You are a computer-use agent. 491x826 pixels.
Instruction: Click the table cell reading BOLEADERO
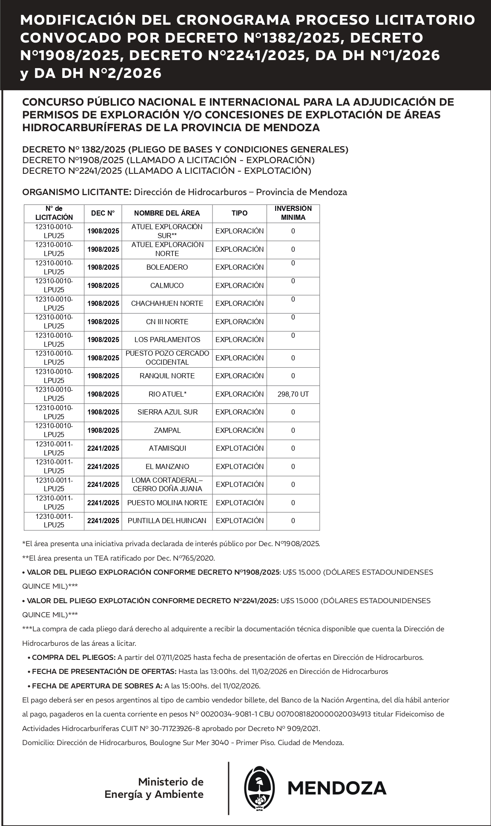point(167,268)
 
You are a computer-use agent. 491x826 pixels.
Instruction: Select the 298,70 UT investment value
point(293,394)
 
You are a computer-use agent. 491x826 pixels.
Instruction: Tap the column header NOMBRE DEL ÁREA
point(167,213)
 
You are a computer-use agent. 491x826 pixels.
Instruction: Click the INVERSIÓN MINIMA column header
point(293,213)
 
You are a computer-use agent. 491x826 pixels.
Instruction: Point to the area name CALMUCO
point(167,286)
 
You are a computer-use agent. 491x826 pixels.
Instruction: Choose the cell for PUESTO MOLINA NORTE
point(167,503)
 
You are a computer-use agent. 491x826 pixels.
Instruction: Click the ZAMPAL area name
point(167,431)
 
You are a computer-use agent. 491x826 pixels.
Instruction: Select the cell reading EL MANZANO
point(167,467)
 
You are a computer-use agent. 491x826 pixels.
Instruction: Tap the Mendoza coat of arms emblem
point(259,789)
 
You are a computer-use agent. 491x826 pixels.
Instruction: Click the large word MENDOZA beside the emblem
point(337,789)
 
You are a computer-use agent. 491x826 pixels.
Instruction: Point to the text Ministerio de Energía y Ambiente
point(154,789)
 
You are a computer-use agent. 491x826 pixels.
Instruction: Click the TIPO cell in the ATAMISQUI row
point(239,449)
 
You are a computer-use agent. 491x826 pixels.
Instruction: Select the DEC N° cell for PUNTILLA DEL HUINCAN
point(103,521)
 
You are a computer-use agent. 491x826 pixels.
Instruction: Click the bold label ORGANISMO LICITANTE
point(77,192)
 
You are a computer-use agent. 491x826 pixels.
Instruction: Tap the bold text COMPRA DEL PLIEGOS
point(74,657)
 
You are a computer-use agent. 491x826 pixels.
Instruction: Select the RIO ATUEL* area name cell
point(167,394)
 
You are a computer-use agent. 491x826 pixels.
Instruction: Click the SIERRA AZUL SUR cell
point(167,412)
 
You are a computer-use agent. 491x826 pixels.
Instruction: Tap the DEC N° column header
point(103,213)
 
